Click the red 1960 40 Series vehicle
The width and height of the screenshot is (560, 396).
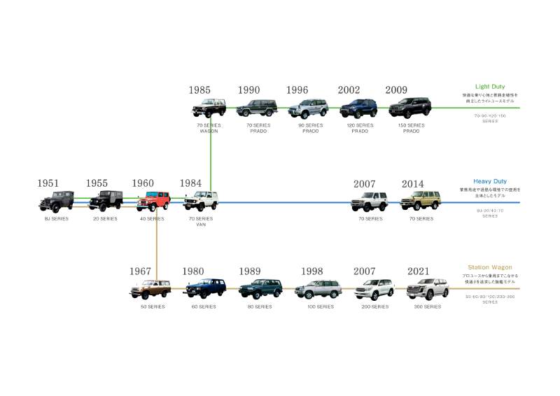pyautogui.click(x=153, y=201)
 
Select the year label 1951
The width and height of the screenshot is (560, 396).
pyautogui.click(x=48, y=183)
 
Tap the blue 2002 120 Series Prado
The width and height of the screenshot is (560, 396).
pyautogui.click(x=358, y=108)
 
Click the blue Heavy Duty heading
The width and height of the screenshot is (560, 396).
pyautogui.click(x=489, y=181)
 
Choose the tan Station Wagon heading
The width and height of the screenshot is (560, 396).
pyautogui.click(x=490, y=267)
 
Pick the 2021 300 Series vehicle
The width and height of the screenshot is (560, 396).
pyautogui.click(x=426, y=288)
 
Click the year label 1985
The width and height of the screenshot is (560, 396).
pyautogui.click(x=199, y=90)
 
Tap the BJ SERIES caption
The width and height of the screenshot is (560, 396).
pyautogui.click(x=55, y=219)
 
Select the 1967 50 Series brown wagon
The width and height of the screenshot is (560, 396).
pyautogui.click(x=150, y=289)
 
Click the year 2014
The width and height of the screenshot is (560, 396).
pyautogui.click(x=413, y=184)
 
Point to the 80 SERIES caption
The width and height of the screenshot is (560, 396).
pyautogui.click(x=259, y=306)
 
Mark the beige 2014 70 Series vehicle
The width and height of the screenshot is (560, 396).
pyautogui.click(x=420, y=201)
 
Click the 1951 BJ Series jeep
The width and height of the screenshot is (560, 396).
pyautogui.click(x=55, y=201)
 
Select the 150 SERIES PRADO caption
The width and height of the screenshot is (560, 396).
pyautogui.click(x=410, y=128)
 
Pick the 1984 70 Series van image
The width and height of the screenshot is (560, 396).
pyautogui.click(x=201, y=201)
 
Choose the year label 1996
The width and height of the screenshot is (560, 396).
pyautogui.click(x=297, y=90)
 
